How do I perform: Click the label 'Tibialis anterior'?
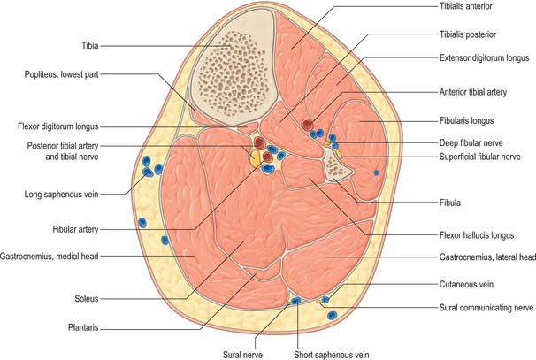(465, 6)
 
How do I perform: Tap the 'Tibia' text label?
(90, 45)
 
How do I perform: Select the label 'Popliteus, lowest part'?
(62, 74)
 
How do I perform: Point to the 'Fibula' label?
(450, 203)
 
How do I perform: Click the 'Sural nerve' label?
(242, 355)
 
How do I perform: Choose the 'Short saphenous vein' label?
(332, 355)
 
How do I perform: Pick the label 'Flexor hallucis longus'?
(477, 235)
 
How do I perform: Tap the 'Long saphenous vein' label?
(62, 195)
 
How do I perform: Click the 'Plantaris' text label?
(83, 327)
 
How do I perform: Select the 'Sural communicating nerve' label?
(486, 308)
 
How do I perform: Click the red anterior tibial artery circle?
(307, 124)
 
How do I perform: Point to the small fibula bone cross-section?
(336, 165)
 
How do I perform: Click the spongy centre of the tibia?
(234, 67)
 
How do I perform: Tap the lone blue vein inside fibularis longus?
(377, 172)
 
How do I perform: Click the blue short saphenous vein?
(296, 301)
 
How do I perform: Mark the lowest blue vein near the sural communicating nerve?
(332, 315)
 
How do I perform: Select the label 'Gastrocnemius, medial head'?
(50, 257)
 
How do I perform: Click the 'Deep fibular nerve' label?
(471, 143)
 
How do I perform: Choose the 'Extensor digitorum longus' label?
(484, 58)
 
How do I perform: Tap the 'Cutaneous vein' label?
(466, 284)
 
